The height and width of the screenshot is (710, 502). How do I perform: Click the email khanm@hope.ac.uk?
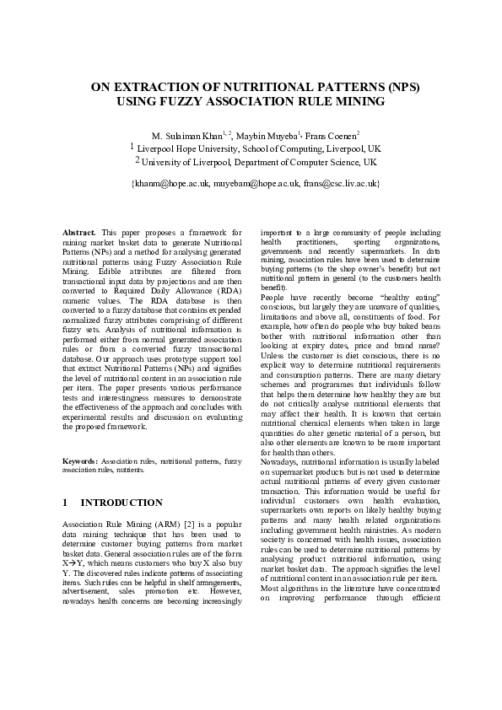point(169,182)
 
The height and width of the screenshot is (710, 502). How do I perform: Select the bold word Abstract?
point(80,231)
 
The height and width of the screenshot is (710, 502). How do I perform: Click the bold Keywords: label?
point(81,462)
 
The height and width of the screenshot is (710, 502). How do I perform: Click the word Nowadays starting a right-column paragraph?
point(282,462)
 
